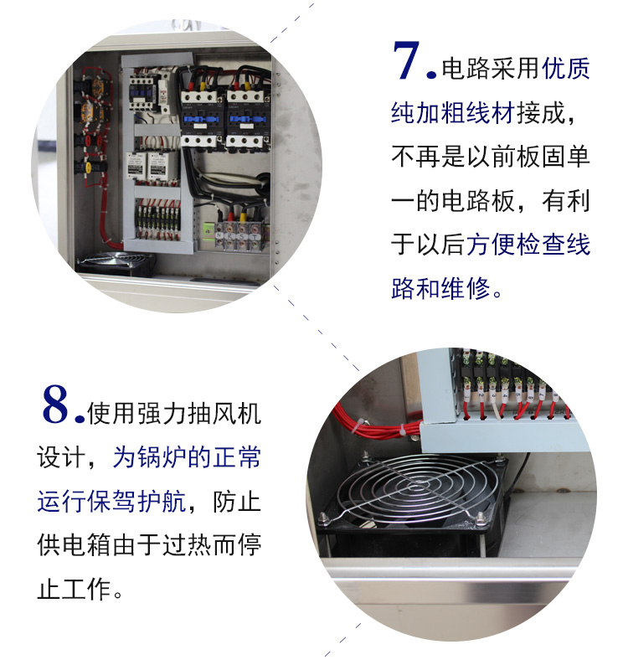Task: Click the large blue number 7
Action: (406, 60)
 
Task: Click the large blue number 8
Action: (54, 404)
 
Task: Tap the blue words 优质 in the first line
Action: (565, 68)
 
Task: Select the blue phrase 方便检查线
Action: (528, 244)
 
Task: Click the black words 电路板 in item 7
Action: (478, 200)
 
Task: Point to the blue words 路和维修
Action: (440, 288)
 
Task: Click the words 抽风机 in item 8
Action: (224, 414)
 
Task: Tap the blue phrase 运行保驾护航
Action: (111, 502)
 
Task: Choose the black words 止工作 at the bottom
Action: (74, 589)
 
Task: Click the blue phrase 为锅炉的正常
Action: (187, 457)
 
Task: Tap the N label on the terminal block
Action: (219, 235)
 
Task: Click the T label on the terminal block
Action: (255, 236)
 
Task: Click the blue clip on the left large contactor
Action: (201, 120)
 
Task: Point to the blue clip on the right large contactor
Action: (247, 120)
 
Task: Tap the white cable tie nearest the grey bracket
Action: (403, 431)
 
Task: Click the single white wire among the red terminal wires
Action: (500, 406)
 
